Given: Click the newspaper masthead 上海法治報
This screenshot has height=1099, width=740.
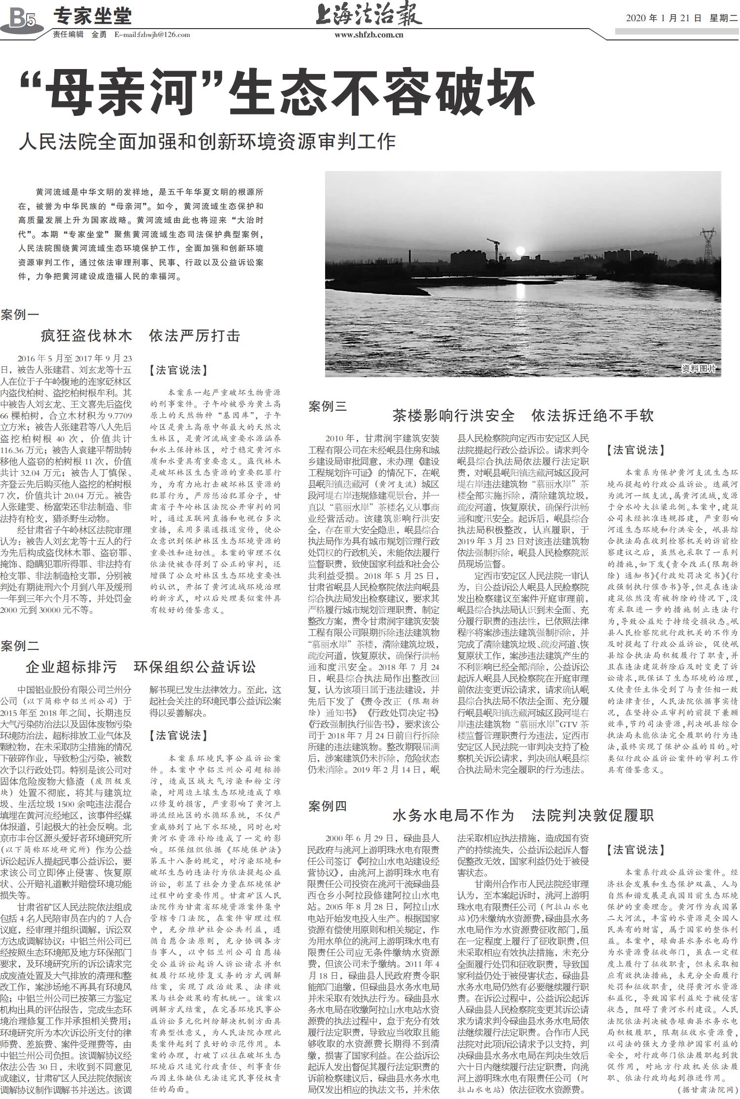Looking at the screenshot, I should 369,15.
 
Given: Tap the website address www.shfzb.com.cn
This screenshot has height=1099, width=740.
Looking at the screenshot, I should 369,35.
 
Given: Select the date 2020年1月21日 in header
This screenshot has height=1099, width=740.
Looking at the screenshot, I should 663,18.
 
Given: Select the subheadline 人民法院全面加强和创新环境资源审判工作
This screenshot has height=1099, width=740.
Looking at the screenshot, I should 207,142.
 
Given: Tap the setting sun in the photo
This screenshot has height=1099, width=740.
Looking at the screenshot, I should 519,251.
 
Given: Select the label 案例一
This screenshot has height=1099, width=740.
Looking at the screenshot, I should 20,315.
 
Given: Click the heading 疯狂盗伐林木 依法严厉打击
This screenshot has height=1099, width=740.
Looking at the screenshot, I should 141,336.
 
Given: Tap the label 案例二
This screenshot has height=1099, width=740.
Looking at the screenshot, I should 20,645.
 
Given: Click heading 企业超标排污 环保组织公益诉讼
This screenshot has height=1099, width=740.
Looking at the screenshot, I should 141,667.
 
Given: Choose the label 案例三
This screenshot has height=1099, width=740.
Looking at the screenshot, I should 328,406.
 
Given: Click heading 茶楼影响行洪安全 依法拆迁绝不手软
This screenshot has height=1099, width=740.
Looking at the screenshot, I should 523,416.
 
